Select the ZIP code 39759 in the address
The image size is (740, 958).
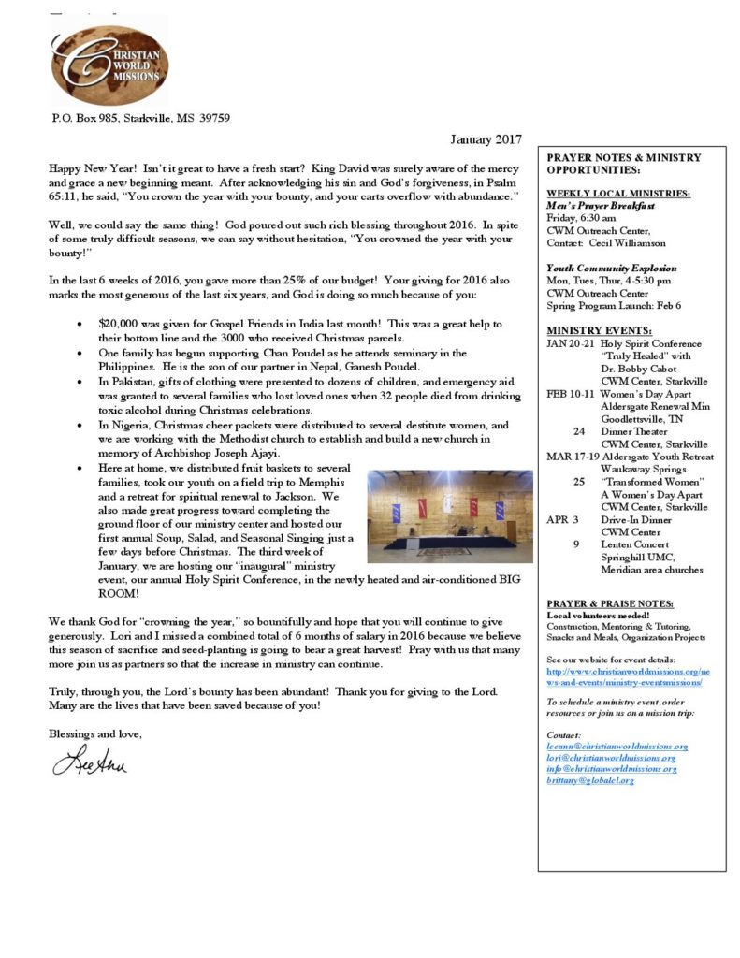coord(214,118)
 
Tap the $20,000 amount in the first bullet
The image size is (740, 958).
coord(122,323)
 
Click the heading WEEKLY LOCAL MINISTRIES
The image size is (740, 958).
coord(619,193)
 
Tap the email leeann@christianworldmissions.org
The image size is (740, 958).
coord(617,747)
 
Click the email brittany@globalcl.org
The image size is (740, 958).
coord(590,779)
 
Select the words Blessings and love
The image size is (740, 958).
coord(95,733)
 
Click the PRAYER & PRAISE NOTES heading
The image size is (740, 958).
coord(609,603)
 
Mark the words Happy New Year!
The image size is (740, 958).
coord(89,166)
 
